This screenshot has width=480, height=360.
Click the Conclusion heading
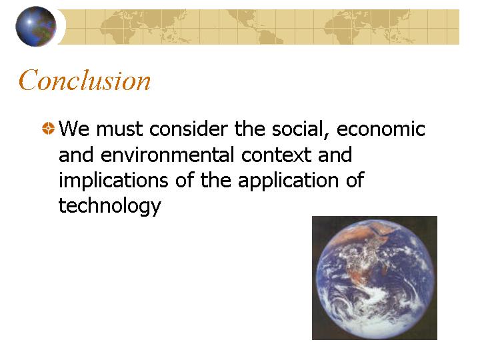point(85,80)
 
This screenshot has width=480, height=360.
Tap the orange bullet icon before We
point(49,128)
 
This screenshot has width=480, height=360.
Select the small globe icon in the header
point(36,27)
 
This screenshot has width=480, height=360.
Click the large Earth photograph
point(375,278)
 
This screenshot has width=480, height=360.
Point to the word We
point(74,129)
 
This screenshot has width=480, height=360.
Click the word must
point(119,129)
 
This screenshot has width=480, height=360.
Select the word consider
point(188,129)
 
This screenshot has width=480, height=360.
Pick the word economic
point(381,129)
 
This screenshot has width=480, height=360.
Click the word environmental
point(167,155)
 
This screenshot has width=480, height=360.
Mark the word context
point(276,155)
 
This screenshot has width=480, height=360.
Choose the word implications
point(113,180)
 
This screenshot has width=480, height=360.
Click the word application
point(289,180)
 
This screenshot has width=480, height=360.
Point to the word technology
point(109,206)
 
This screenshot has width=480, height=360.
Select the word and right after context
point(335,155)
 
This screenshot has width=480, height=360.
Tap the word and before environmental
point(76,155)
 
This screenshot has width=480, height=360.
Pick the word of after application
point(355,180)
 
